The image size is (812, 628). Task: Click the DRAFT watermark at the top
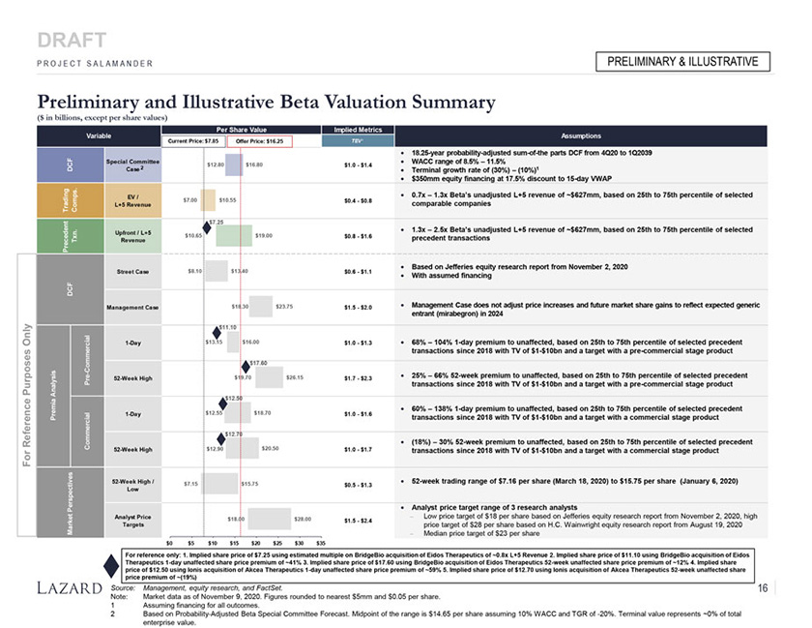click(72, 40)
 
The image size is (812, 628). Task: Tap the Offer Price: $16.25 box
click(258, 141)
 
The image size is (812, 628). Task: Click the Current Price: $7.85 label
click(191, 141)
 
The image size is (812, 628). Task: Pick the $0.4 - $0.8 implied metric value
click(358, 201)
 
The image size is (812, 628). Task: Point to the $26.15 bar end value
click(295, 376)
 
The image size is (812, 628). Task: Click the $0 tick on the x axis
click(170, 542)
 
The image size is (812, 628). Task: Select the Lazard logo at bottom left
click(69, 587)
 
